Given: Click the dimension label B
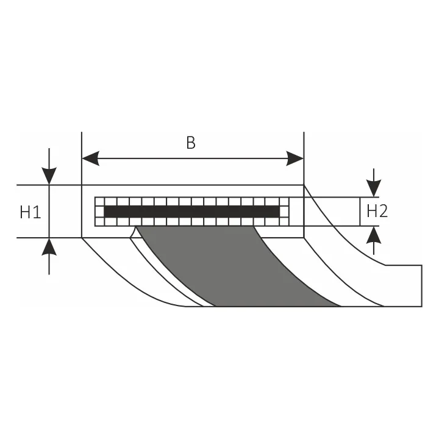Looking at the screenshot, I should pos(191,143).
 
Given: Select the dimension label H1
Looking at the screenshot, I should pos(30,212).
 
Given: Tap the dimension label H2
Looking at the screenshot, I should pos(377,211).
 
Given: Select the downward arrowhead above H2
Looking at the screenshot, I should pos(374,188).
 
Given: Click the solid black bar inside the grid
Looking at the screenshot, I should pos(191,212).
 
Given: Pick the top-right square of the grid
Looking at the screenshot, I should pos(284,201).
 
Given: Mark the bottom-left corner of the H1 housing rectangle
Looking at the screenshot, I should pos(82,237).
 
